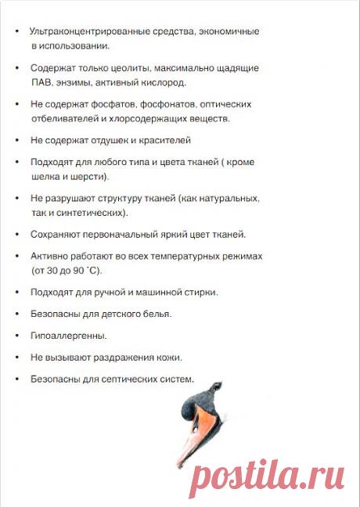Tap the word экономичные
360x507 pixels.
click(x=229, y=31)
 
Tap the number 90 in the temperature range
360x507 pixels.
click(x=78, y=270)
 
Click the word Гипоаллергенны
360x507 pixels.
click(x=69, y=336)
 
